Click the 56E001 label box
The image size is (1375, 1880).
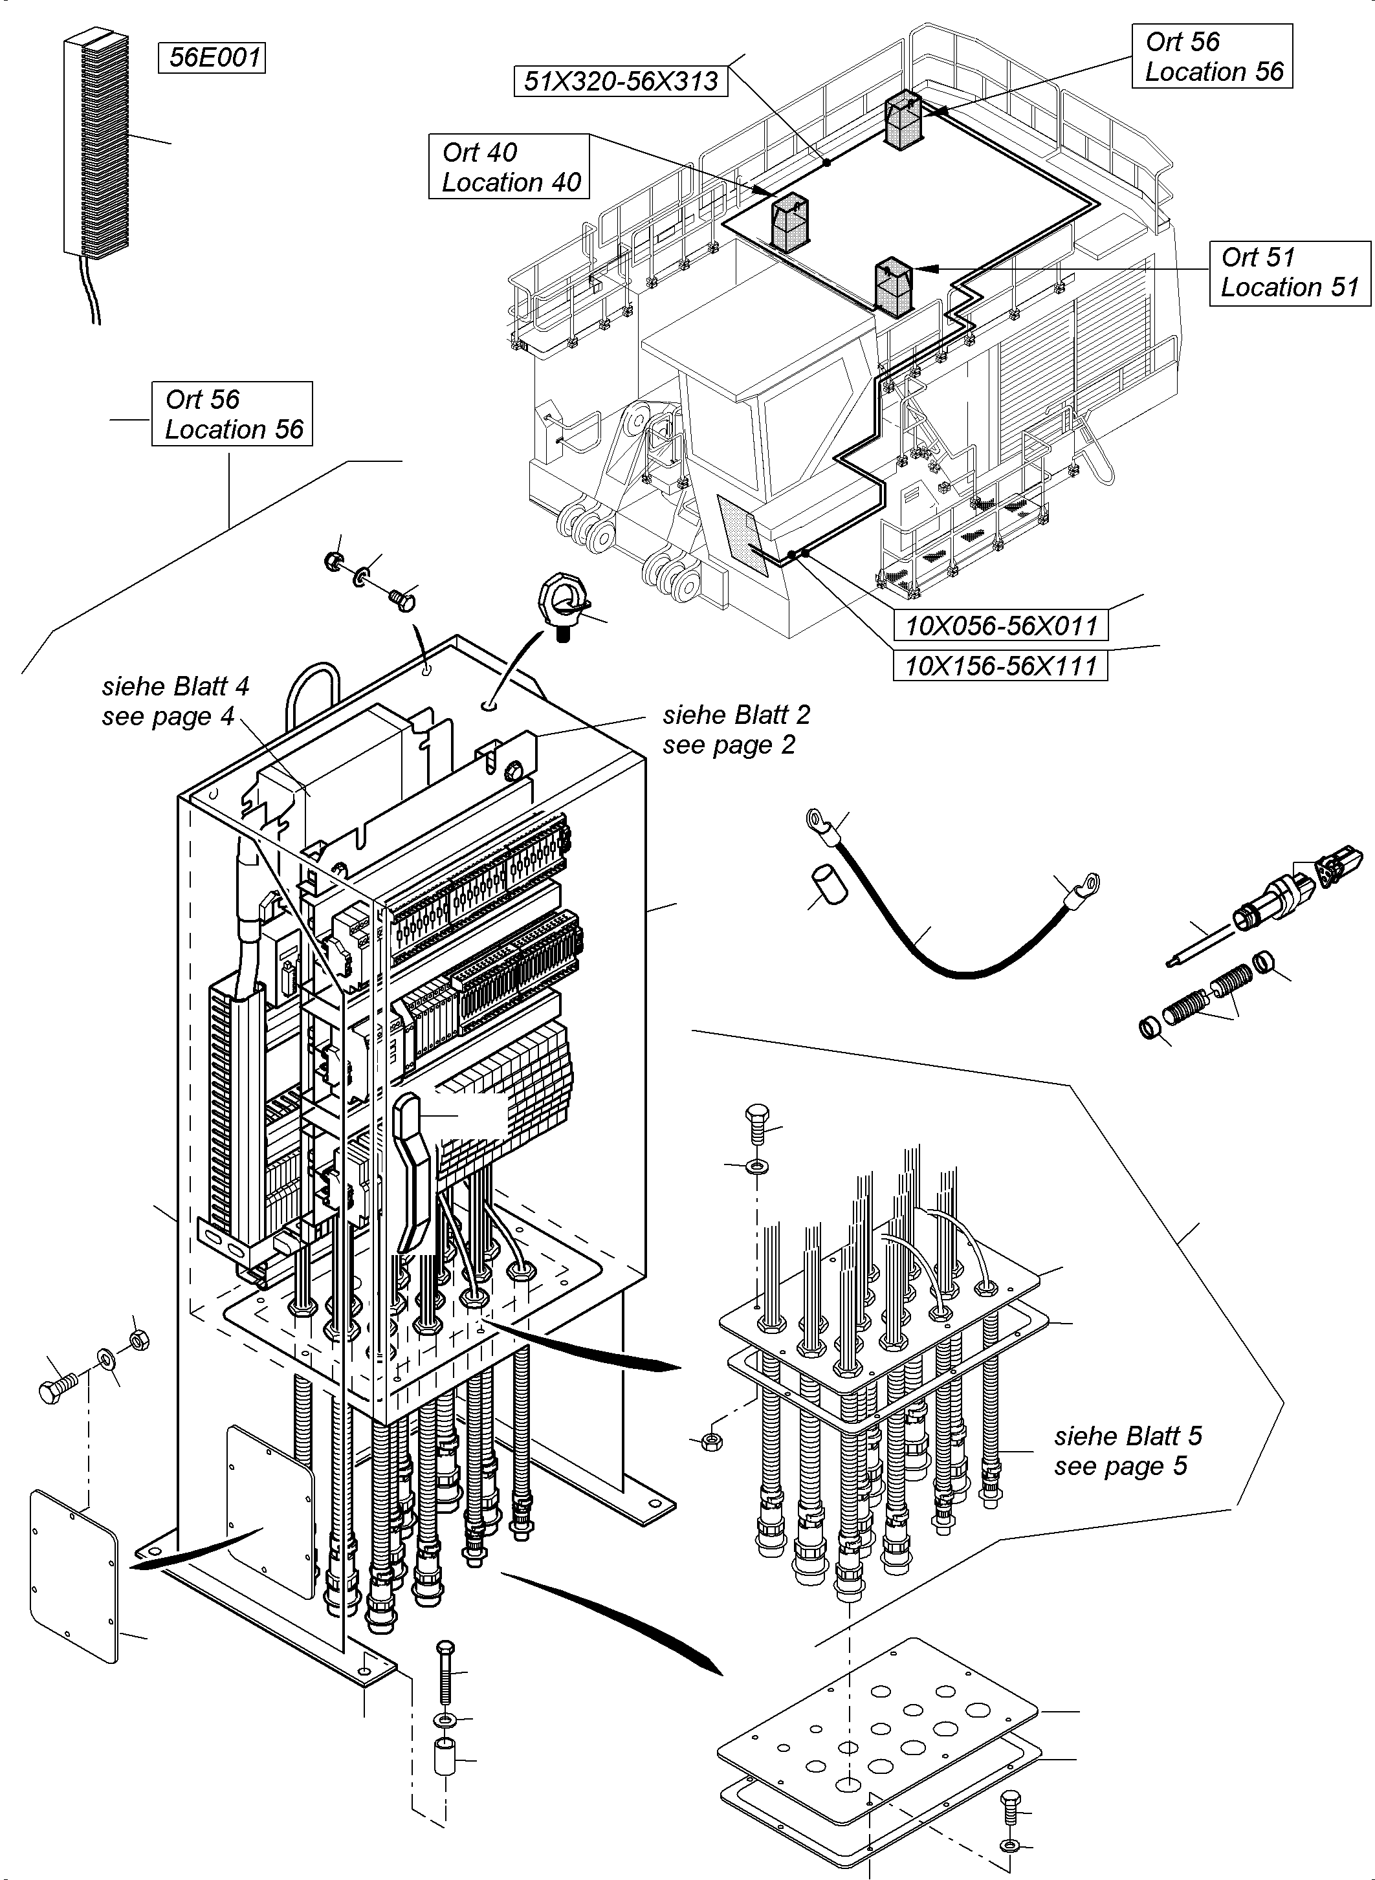pyautogui.click(x=212, y=58)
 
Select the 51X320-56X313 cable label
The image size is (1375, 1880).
pyautogui.click(x=621, y=81)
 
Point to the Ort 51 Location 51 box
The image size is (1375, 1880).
pyautogui.click(x=1290, y=272)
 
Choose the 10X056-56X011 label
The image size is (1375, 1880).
pyautogui.click(x=1000, y=625)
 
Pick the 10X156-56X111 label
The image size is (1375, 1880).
pyautogui.click(x=1000, y=666)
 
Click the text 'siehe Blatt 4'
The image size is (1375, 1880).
pyautogui.click(x=175, y=686)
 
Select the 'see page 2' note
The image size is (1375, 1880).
pyautogui.click(x=729, y=745)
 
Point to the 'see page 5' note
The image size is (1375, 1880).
pyautogui.click(x=1120, y=1465)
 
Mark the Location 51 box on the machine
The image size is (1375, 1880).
pyautogui.click(x=893, y=287)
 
